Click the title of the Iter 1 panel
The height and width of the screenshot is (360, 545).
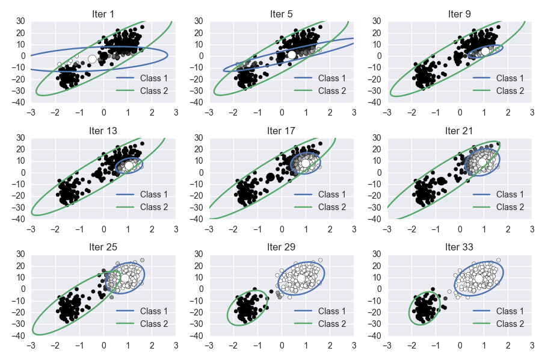[x=103, y=13]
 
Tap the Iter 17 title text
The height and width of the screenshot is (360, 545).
[x=282, y=129]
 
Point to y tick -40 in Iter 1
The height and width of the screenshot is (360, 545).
[x=20, y=102]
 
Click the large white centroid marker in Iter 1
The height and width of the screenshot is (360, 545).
[x=92, y=59]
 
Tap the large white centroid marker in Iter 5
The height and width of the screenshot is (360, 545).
[x=292, y=55]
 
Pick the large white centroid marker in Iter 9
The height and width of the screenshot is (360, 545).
[x=485, y=51]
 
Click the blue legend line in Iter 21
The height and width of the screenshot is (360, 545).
[x=482, y=194]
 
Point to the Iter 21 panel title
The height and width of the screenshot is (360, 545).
[x=460, y=129]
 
